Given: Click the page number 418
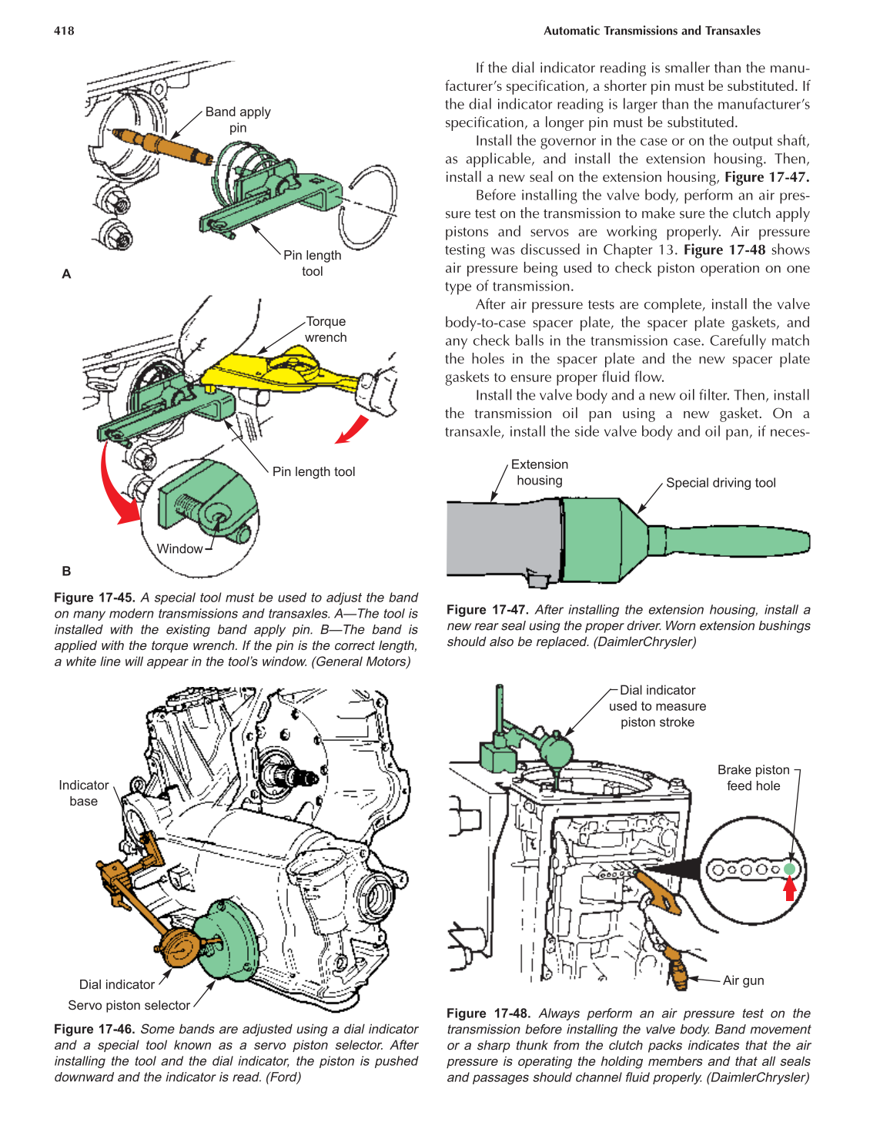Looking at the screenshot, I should tap(64, 31).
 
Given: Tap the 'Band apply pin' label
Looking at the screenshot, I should tap(238, 119).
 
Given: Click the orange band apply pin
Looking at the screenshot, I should tap(162, 146).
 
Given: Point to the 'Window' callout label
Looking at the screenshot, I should tap(179, 548).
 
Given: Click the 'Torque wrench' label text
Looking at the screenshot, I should tap(326, 330).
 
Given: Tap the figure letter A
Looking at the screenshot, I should tap(66, 274).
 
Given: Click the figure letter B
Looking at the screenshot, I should tap(66, 571).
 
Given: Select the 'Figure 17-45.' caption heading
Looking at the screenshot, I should tap(95, 598).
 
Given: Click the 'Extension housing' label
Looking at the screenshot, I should tap(539, 473).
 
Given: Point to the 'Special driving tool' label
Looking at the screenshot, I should tap(721, 483).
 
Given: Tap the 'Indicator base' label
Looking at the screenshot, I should tap(83, 793).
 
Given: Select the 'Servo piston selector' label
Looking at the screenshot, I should tap(129, 1006).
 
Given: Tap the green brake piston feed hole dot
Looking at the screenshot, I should tap(789, 869).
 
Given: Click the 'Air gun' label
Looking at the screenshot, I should tap(743, 980).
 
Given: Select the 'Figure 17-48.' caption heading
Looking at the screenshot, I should tap(488, 1013).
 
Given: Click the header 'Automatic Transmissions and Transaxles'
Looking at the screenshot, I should tap(651, 31).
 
